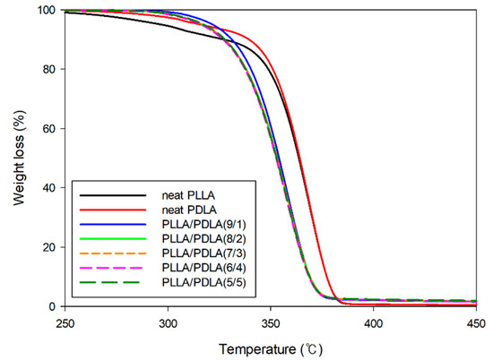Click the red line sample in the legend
coord(112,210)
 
